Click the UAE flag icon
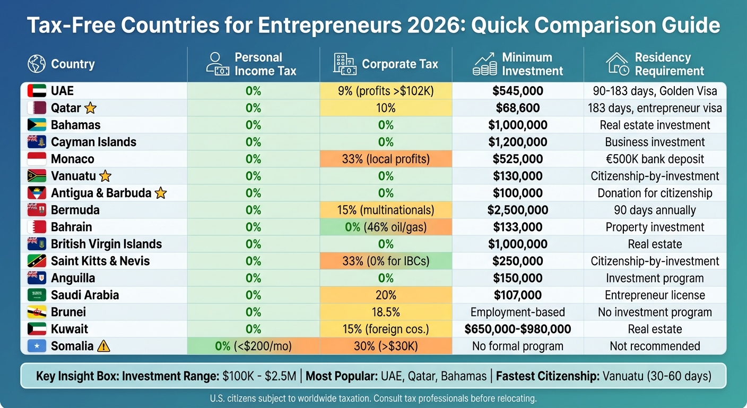[x=37, y=91]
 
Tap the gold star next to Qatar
[x=91, y=108]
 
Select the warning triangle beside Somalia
[x=104, y=346]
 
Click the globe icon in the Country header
[x=37, y=64]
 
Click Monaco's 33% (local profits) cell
[x=386, y=159]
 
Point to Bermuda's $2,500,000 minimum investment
[x=517, y=210]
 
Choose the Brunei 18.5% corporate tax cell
[x=386, y=312]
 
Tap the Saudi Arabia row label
[x=85, y=295]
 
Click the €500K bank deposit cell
[x=655, y=159]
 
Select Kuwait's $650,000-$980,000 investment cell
[x=517, y=329]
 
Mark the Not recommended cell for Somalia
[x=655, y=346]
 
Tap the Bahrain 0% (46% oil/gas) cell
[x=386, y=227]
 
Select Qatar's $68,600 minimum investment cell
[x=517, y=108]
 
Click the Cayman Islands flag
[x=37, y=142]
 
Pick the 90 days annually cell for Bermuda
[x=655, y=210]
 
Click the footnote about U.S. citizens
[x=373, y=398]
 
